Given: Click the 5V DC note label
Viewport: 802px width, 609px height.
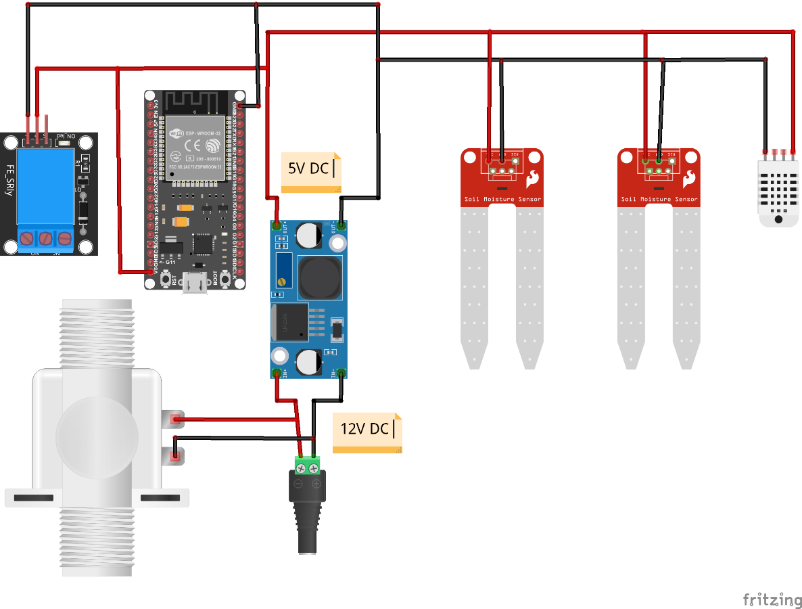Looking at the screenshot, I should [310, 169].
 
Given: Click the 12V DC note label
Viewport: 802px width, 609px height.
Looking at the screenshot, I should [365, 429].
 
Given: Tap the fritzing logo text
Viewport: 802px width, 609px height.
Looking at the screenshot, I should [772, 600].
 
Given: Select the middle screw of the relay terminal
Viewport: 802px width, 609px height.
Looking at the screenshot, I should [45, 238].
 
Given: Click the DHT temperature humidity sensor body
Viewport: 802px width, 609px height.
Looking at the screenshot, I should [778, 189].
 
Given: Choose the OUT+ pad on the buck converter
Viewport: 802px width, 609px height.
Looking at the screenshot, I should [276, 225].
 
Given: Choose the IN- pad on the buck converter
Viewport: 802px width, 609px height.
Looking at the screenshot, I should [341, 373].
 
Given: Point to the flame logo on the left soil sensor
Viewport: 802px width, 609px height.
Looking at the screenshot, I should [533, 179].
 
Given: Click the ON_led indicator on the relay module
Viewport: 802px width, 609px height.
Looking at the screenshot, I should [66, 141].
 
